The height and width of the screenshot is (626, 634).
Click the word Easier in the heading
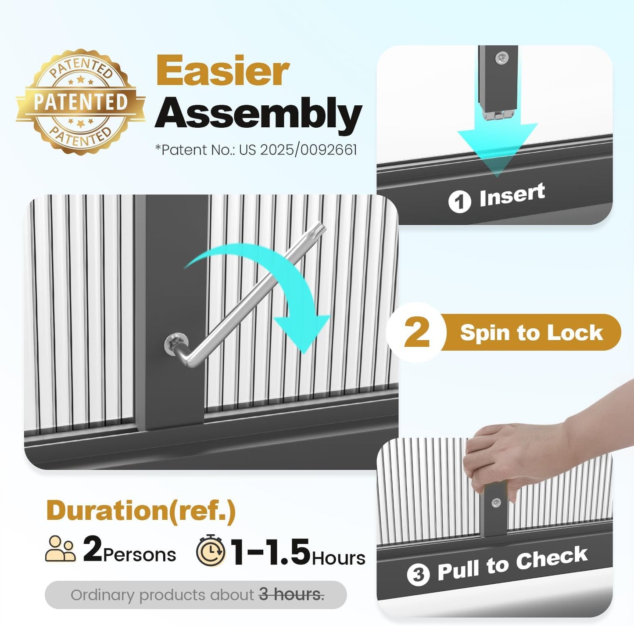coord(223,70)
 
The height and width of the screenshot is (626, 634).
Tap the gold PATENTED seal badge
coord(81,102)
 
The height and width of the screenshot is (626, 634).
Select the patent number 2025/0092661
coord(308,150)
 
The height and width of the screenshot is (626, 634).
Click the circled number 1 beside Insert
coord(460,201)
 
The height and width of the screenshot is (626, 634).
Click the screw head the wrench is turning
coord(173,344)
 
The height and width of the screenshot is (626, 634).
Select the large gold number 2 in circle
coord(417,332)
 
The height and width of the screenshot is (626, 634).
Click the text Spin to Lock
coord(531,332)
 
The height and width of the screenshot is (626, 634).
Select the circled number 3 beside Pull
coord(418,575)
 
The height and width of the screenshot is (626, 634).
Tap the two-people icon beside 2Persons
coord(60,548)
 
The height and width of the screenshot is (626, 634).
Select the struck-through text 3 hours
coord(291,595)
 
